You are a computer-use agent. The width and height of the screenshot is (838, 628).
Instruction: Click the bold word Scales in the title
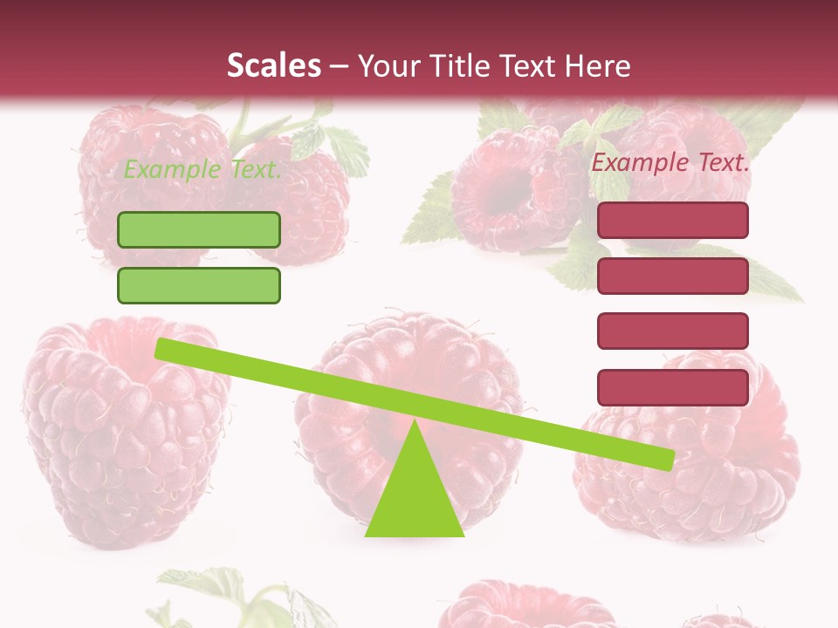273,65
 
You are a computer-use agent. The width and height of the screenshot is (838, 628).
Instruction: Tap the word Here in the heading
598,65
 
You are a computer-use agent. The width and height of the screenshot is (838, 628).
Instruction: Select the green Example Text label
203,169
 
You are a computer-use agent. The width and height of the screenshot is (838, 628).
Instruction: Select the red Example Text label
670,162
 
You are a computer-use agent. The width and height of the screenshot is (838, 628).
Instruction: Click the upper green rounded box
199,229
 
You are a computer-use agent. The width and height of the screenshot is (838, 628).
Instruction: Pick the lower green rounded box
199,285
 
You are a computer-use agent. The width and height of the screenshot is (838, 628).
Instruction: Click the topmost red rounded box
672,221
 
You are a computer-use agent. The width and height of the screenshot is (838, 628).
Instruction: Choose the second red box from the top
672,276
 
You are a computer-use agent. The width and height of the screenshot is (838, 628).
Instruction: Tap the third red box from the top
672,331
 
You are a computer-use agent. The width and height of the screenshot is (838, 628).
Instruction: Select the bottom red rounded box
672,387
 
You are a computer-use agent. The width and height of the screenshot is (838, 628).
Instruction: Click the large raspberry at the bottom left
122,436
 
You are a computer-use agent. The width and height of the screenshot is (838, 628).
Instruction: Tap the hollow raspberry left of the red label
506,192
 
